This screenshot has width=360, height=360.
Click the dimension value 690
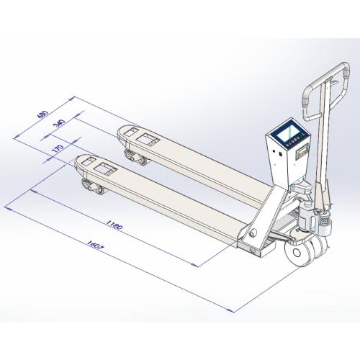point(43,117)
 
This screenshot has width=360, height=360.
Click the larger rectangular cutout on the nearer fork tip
point(107,169)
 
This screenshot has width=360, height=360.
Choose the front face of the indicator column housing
point(276,169)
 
